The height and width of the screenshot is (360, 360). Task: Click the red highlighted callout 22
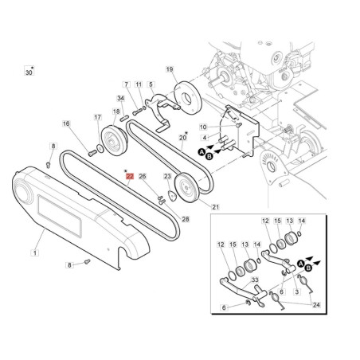[130, 176]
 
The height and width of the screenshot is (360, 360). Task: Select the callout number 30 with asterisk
[29, 72]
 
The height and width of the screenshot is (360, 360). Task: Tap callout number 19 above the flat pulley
[170, 69]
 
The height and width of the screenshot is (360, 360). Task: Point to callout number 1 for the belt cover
[35, 252]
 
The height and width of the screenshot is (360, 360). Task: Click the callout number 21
[215, 207]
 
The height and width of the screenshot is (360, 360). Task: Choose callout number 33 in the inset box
[255, 280]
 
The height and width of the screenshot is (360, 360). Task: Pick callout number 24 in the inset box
[316, 305]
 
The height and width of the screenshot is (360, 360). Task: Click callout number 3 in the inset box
[297, 292]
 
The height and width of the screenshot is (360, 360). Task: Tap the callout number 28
[186, 219]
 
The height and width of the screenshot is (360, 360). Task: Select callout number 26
[143, 176]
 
